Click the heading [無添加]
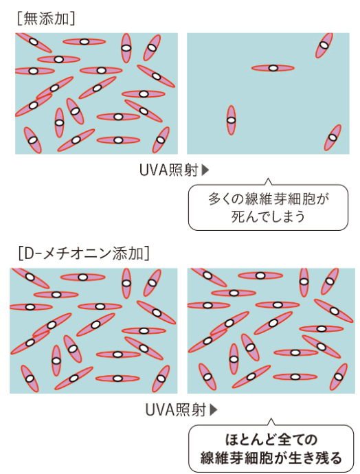[46, 19]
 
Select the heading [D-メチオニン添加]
[84, 253]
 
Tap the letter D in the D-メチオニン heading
[30, 253]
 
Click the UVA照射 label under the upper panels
[169, 170]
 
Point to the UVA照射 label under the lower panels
[175, 410]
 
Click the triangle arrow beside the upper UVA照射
[205, 170]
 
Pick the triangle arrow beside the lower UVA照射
[214, 410]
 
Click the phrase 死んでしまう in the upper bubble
[268, 216]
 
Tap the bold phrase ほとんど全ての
[271, 440]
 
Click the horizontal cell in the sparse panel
[273, 68]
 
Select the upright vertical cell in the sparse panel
[231, 120]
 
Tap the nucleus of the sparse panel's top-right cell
[324, 45]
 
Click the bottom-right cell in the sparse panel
[333, 137]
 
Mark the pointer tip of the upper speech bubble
[268, 179]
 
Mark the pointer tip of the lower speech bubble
[271, 418]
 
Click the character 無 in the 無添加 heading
[31, 19]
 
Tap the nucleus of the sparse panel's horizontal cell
[273, 68]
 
